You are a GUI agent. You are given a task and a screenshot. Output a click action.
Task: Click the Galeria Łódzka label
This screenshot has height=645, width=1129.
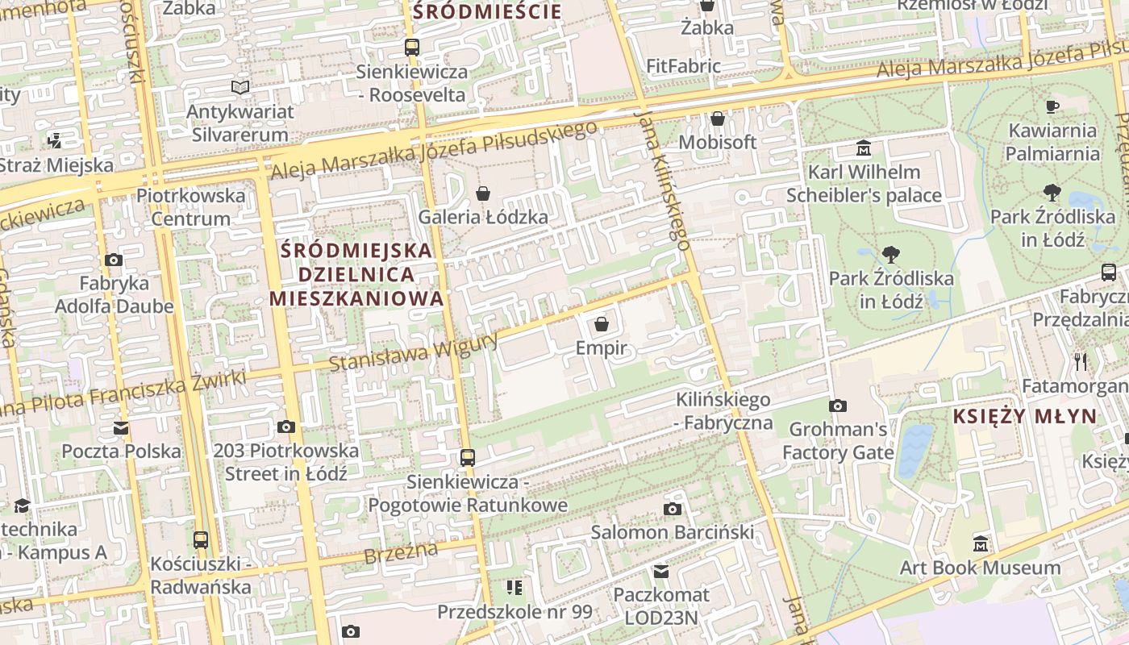coord(482,217)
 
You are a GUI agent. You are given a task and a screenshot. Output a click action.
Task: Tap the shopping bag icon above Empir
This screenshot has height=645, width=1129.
coord(601,324)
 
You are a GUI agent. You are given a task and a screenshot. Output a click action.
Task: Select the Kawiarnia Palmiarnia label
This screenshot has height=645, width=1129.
coord(1052,142)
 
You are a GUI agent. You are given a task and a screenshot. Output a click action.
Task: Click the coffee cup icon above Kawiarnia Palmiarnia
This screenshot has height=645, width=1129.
coord(1052,106)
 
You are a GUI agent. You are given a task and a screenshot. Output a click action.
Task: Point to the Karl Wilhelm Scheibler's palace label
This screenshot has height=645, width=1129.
coord(864,184)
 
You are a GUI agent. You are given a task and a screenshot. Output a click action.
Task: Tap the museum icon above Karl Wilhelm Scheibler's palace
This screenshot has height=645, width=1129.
coord(864,148)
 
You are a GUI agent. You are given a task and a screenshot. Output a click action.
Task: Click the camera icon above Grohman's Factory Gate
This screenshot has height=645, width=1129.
coord(838,406)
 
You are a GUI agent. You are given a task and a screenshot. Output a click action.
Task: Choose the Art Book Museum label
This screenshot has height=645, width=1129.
coord(980,568)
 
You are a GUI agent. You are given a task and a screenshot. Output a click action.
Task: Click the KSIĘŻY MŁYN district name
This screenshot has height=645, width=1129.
coord(1025,417)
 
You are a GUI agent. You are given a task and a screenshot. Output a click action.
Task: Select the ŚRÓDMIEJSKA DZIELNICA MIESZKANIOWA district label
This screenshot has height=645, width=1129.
coord(356,274)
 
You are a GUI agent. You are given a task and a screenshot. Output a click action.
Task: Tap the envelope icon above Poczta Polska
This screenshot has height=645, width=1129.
coord(121,427)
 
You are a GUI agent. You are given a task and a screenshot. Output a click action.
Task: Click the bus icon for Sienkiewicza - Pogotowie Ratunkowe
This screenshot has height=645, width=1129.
coord(468,458)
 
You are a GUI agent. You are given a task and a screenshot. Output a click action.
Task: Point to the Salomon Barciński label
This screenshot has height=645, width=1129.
coord(673,532)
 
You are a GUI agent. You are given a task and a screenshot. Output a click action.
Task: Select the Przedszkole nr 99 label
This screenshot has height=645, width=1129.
coord(515,612)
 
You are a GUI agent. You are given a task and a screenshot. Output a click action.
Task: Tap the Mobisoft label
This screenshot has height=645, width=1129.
coord(717,143)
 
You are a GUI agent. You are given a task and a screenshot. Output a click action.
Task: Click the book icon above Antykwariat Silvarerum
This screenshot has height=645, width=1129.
coord(240,87)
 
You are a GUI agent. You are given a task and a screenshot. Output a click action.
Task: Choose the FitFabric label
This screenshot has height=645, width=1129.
coord(683,66)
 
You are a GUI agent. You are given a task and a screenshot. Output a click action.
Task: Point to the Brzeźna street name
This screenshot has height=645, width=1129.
coord(400,553)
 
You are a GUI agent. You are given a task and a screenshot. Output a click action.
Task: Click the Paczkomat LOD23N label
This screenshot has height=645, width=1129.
coord(661,606)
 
